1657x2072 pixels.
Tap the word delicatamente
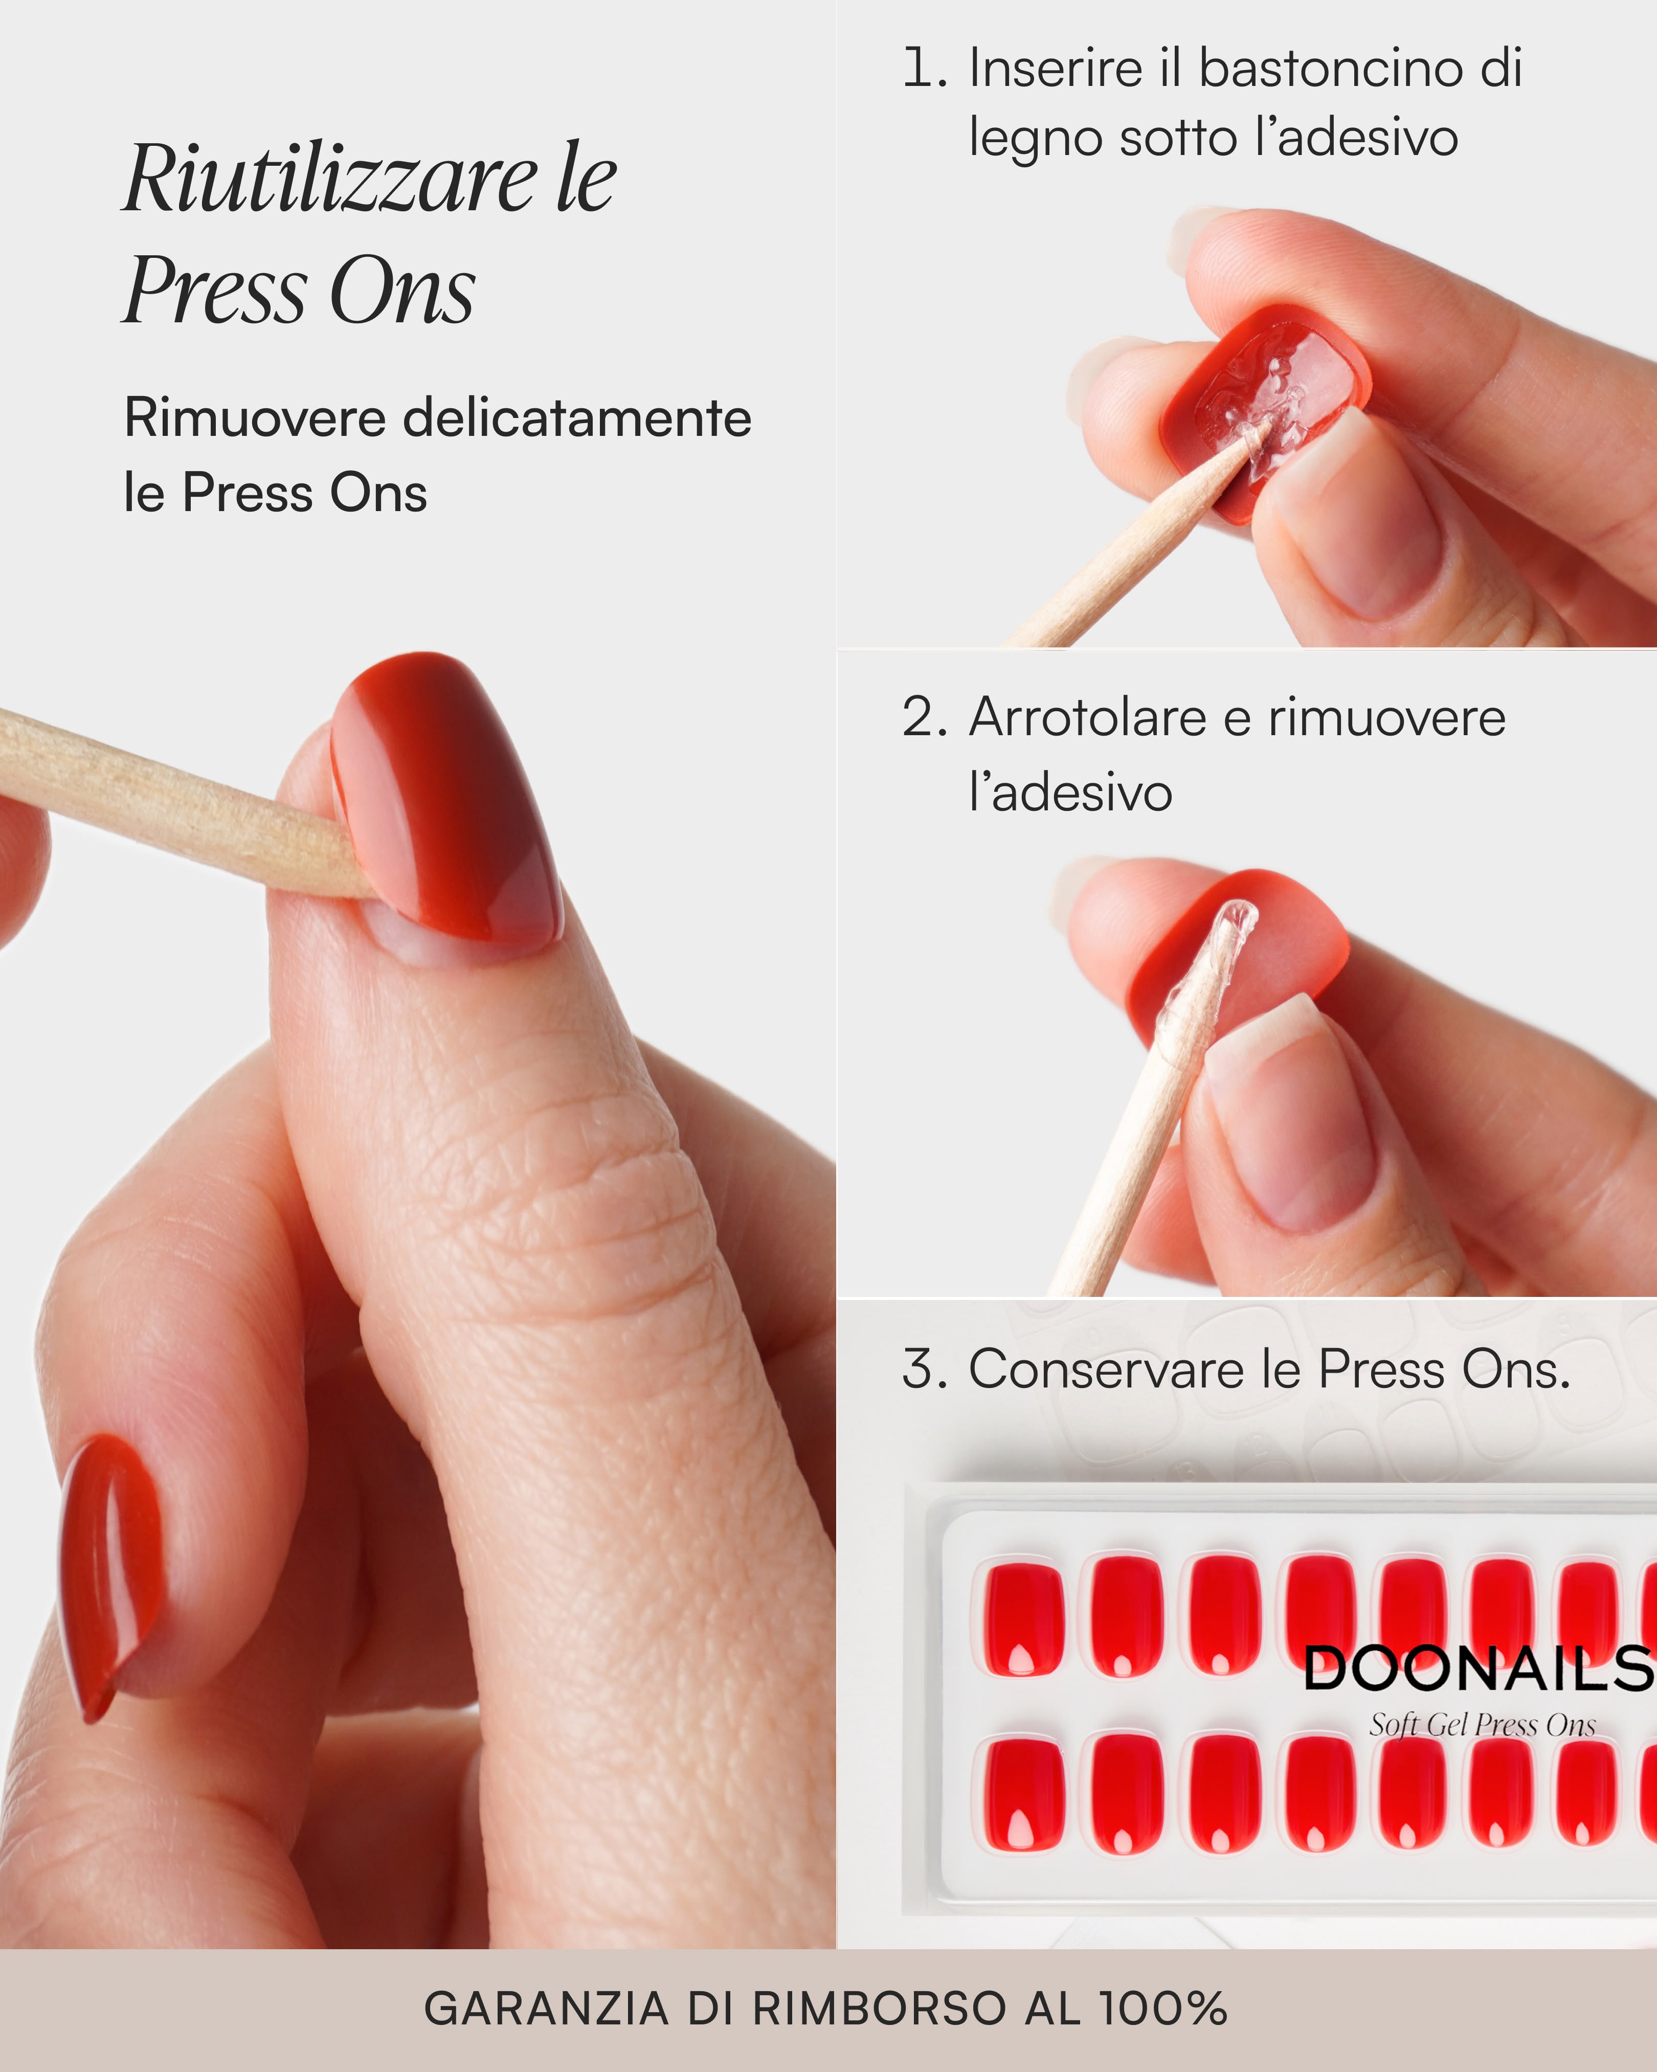[576, 419]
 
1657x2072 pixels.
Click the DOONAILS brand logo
[1477, 1669]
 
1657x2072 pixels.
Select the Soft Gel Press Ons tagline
[1482, 1725]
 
